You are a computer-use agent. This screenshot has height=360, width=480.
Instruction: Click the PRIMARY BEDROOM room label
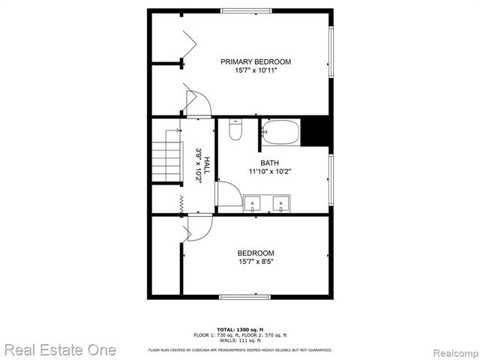click(x=255, y=61)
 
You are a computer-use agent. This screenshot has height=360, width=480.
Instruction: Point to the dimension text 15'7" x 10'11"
click(x=255, y=71)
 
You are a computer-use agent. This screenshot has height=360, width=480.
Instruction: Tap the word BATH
click(x=270, y=163)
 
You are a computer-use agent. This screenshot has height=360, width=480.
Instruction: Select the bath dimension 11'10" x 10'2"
click(x=270, y=172)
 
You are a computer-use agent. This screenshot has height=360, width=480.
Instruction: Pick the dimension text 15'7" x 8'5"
click(x=256, y=262)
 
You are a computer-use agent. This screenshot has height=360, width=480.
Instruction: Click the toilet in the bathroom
click(x=235, y=131)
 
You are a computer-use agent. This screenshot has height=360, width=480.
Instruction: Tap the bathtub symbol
click(x=280, y=132)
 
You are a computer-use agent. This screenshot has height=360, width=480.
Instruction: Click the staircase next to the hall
click(x=168, y=159)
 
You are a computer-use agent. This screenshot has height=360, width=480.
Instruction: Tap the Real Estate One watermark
click(x=60, y=349)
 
